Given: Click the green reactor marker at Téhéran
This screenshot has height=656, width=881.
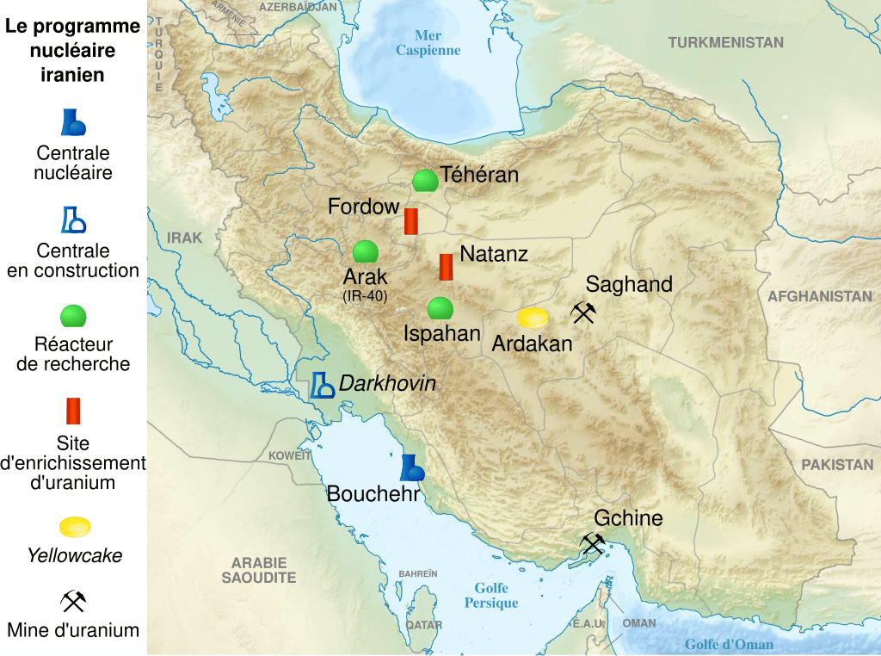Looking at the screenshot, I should click(x=424, y=181).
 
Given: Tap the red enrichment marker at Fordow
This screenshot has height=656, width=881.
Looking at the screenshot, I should click(x=411, y=221).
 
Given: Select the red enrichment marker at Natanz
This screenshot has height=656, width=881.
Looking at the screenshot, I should click(x=446, y=267).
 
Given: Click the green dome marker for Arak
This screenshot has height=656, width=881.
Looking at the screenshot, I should click(x=366, y=251).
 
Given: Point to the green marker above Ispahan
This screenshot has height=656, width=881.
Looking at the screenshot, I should click(x=440, y=307).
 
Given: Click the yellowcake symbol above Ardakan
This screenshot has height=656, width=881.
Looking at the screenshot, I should click(x=533, y=318).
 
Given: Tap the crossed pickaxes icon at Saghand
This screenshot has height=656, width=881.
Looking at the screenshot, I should click(x=583, y=313).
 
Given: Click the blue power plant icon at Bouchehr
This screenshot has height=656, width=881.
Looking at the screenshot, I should click(x=411, y=467).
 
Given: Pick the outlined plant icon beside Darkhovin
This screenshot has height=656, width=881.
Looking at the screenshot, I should click(x=322, y=385).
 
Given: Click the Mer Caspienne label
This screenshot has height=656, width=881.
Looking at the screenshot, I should click(x=428, y=43).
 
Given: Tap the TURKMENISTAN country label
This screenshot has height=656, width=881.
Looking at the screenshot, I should click(x=726, y=42).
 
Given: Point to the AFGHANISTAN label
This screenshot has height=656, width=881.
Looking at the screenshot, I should click(x=820, y=296).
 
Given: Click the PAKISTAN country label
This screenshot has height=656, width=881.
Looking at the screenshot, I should click(x=837, y=465).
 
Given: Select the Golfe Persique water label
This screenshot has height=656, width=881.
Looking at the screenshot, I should click(x=491, y=596).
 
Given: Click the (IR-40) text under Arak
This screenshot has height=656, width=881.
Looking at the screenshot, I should click(x=366, y=296).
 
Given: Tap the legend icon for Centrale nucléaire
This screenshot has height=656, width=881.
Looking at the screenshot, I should click(x=73, y=123).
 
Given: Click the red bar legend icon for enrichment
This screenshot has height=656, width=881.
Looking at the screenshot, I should click(x=73, y=411).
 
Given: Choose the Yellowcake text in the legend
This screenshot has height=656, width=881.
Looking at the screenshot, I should click(x=74, y=556).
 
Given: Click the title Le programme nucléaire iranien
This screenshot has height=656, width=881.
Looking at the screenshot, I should click(x=73, y=51).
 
